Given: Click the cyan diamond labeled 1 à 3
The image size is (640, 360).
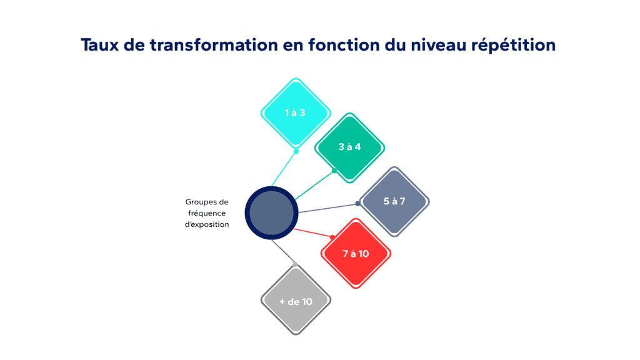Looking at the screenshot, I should pyautogui.click(x=295, y=113).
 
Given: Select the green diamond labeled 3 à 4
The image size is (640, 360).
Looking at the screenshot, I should pyautogui.click(x=349, y=147).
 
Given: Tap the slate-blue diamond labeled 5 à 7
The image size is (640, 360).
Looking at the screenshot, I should pyautogui.click(x=394, y=201).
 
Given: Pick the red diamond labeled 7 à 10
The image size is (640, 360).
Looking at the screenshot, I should pyautogui.click(x=356, y=253).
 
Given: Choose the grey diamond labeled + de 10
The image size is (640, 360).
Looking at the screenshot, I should pyautogui.click(x=295, y=301).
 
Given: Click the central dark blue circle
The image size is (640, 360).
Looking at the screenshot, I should pyautogui.click(x=271, y=212).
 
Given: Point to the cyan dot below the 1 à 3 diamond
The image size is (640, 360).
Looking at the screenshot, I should pyautogui.click(x=296, y=151).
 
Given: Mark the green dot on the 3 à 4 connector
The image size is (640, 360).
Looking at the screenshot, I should pyautogui.click(x=334, y=171).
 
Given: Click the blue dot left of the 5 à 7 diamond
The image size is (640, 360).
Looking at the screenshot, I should pyautogui.click(x=358, y=203).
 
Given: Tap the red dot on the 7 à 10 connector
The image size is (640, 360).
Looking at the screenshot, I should pyautogui.click(x=332, y=237).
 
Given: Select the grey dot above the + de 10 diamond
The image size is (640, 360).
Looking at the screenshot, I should pyautogui.click(x=295, y=264).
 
